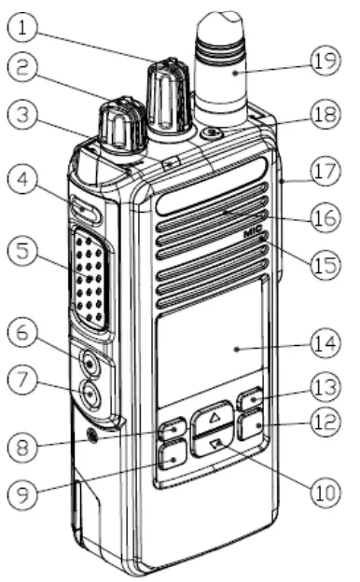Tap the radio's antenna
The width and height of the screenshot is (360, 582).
(x=225, y=65)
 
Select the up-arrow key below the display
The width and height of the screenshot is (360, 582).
(x=216, y=413)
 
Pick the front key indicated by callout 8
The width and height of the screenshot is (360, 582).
(x=172, y=430)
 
